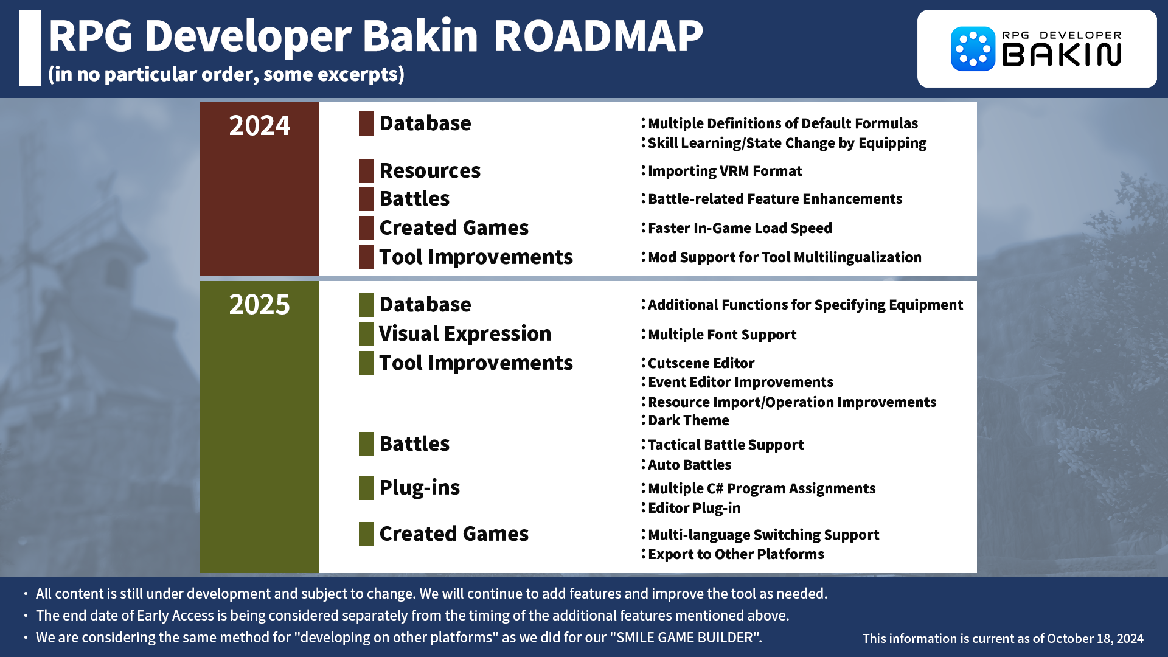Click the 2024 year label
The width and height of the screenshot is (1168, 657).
pyautogui.click(x=259, y=125)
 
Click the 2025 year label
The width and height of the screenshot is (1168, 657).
pyautogui.click(x=259, y=304)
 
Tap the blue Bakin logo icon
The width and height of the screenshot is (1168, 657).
pyautogui.click(x=972, y=49)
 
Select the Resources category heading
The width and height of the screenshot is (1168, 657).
pyautogui.click(x=429, y=171)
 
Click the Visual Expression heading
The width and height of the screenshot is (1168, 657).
pyautogui.click(x=465, y=334)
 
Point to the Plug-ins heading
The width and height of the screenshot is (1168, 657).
pyautogui.click(x=419, y=488)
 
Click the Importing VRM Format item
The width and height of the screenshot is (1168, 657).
pyautogui.click(x=725, y=171)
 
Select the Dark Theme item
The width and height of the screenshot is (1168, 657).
pyautogui.click(x=688, y=420)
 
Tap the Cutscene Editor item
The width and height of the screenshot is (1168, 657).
pyautogui.click(x=701, y=363)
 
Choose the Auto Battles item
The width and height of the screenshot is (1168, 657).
pyautogui.click(x=689, y=465)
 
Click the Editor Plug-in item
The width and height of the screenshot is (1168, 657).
pyautogui.click(x=694, y=508)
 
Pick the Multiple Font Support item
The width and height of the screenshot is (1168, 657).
pyautogui.click(x=722, y=335)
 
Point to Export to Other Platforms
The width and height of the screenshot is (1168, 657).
pyautogui.click(x=735, y=554)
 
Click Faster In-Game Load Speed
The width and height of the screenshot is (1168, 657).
pyautogui.click(x=740, y=228)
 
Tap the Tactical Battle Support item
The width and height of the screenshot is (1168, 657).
pyautogui.click(x=726, y=445)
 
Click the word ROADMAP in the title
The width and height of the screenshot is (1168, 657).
pyautogui.click(x=598, y=36)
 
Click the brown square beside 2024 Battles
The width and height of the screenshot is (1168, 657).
pyautogui.click(x=366, y=199)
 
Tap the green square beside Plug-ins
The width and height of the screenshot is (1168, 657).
pyautogui.click(x=366, y=488)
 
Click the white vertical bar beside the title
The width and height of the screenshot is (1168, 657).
pyautogui.click(x=30, y=48)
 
